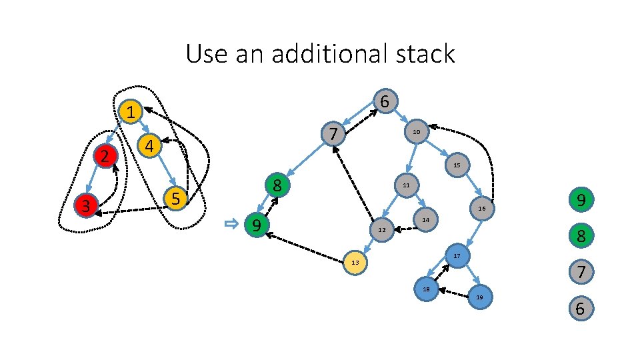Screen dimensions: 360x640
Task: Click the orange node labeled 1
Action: pyautogui.click(x=132, y=112)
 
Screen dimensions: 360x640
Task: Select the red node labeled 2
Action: pyautogui.click(x=105, y=157)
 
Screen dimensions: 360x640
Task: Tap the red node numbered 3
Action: pyautogui.click(x=85, y=205)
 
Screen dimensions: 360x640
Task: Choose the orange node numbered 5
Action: pyautogui.click(x=175, y=198)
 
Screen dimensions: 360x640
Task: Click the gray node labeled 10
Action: pyautogui.click(x=416, y=133)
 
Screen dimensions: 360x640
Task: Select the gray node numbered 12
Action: pyautogui.click(x=381, y=230)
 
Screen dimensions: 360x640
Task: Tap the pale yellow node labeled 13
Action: pyautogui.click(x=355, y=262)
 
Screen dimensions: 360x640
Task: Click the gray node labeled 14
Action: pyautogui.click(x=425, y=219)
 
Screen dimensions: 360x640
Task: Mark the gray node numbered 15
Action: pyautogui.click(x=457, y=165)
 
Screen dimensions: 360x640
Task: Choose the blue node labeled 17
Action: pyautogui.click(x=457, y=256)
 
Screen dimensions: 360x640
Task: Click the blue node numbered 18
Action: pyautogui.click(x=425, y=289)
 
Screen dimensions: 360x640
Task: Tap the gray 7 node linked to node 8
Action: pyautogui.click(x=333, y=133)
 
